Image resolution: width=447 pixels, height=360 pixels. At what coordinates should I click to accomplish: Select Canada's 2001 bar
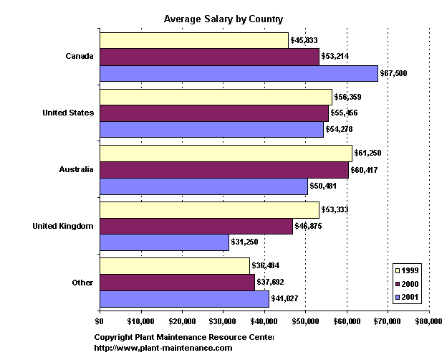[x=239, y=73]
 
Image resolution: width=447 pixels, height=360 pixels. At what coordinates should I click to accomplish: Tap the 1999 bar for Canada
[x=193, y=40]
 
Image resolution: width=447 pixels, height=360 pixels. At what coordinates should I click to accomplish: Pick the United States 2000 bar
[x=213, y=113]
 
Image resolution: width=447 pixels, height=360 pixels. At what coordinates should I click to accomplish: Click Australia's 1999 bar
[x=226, y=153]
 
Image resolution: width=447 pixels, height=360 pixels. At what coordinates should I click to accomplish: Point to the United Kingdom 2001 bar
[x=164, y=242]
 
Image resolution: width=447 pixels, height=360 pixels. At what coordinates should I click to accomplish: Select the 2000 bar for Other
[x=177, y=282]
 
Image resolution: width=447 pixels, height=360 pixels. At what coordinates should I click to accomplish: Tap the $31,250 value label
[x=244, y=242]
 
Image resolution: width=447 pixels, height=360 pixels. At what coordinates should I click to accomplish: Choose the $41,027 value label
[x=284, y=298]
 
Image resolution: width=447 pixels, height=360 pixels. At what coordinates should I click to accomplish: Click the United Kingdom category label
[x=63, y=226]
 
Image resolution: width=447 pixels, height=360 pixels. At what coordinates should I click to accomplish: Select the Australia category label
[x=77, y=170]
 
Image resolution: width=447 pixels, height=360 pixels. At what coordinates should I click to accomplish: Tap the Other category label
[x=82, y=282]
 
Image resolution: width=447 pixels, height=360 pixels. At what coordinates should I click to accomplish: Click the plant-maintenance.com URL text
[x=163, y=348]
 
